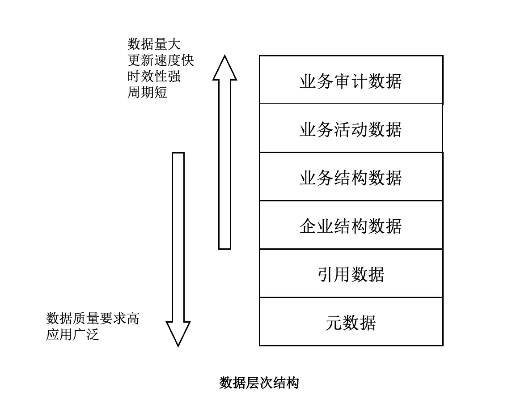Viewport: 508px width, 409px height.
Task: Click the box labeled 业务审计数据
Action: click(x=351, y=81)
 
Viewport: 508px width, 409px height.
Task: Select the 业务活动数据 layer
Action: click(x=351, y=129)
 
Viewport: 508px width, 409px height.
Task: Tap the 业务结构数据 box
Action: click(x=351, y=177)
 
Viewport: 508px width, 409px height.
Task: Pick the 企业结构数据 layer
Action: click(x=351, y=226)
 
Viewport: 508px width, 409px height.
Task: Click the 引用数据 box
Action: click(x=351, y=274)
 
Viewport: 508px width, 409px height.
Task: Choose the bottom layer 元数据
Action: click(x=351, y=322)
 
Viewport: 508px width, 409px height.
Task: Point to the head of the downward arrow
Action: click(x=178, y=333)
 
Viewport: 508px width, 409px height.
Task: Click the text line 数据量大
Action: click(x=154, y=44)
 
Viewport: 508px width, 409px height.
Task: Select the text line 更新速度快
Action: click(x=161, y=60)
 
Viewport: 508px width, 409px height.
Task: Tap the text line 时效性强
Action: click(x=154, y=76)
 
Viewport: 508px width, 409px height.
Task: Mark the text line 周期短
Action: click(x=148, y=92)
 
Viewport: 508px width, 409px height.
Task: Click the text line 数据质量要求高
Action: click(x=93, y=318)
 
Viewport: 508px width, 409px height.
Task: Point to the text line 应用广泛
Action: click(x=72, y=334)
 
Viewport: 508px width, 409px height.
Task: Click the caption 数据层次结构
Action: click(x=259, y=383)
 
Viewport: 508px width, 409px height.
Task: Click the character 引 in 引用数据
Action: click(x=326, y=274)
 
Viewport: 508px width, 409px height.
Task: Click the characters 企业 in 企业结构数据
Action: click(x=317, y=226)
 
